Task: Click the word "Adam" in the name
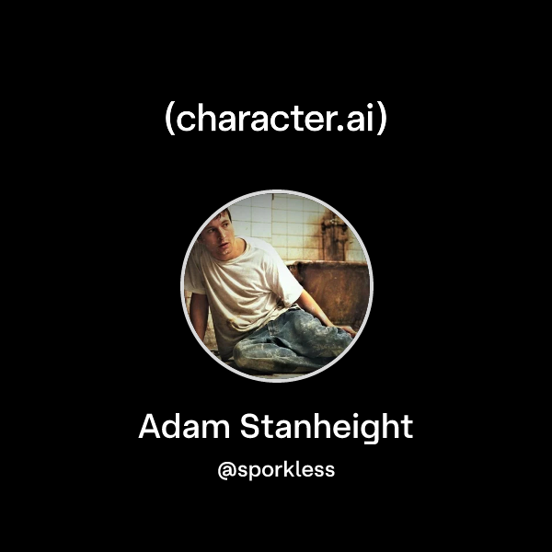[184, 426]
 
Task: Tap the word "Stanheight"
[327, 428]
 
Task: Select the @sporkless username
[276, 470]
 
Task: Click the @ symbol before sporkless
[226, 471]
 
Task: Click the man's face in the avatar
[216, 236]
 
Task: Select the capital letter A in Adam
[150, 426]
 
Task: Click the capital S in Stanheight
[250, 426]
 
